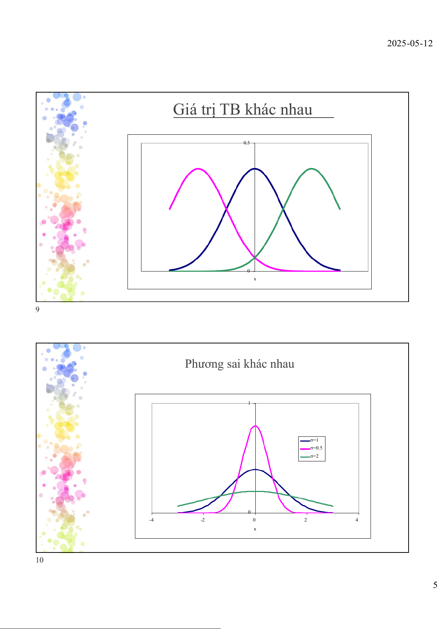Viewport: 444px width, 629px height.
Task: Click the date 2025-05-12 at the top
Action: tap(410, 43)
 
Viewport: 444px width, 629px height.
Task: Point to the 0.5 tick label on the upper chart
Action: tap(246, 143)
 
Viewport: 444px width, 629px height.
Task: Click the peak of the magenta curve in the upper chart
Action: tap(198, 169)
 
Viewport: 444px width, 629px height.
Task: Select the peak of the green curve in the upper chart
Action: tap(312, 169)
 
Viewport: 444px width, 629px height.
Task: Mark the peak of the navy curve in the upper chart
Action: tap(255, 169)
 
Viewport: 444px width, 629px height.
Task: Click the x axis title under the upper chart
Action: tap(255, 279)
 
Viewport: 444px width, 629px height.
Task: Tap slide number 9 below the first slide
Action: tap(37, 309)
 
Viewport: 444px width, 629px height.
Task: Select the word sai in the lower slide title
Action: tap(233, 364)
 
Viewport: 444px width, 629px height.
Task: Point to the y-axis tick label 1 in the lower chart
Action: tap(249, 403)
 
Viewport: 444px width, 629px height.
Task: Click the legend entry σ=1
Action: tap(314, 440)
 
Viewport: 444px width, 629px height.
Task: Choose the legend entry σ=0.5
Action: tap(316, 448)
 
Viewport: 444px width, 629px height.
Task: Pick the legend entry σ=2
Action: tap(314, 456)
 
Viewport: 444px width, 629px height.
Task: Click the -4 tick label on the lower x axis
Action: tap(151, 520)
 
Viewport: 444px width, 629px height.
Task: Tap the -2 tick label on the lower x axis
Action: tap(203, 520)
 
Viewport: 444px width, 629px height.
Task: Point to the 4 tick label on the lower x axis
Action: tap(357, 520)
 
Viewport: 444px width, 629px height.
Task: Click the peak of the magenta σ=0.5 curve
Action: tap(255, 426)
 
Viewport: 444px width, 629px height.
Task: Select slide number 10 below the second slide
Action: tap(40, 560)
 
